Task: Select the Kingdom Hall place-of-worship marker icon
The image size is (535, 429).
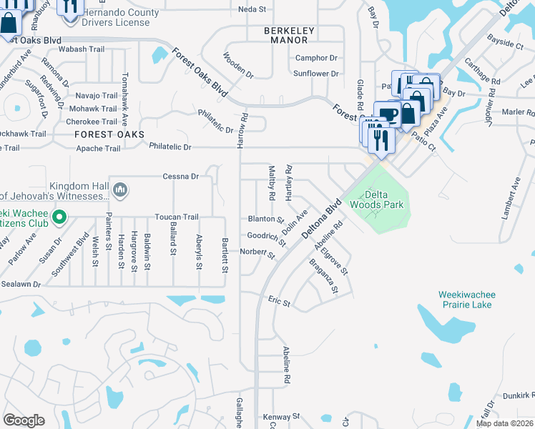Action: [120, 189]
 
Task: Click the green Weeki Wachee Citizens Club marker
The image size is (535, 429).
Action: [60, 215]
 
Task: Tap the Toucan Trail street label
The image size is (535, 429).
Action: [178, 217]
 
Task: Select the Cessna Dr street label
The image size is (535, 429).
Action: [180, 176]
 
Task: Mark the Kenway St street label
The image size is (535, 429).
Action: [281, 416]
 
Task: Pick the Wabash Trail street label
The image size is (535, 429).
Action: [81, 49]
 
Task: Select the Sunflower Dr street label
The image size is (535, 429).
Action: [315, 74]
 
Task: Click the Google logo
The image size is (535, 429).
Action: [24, 420]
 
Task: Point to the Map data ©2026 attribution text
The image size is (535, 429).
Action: [505, 423]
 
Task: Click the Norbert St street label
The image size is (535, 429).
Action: [257, 252]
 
